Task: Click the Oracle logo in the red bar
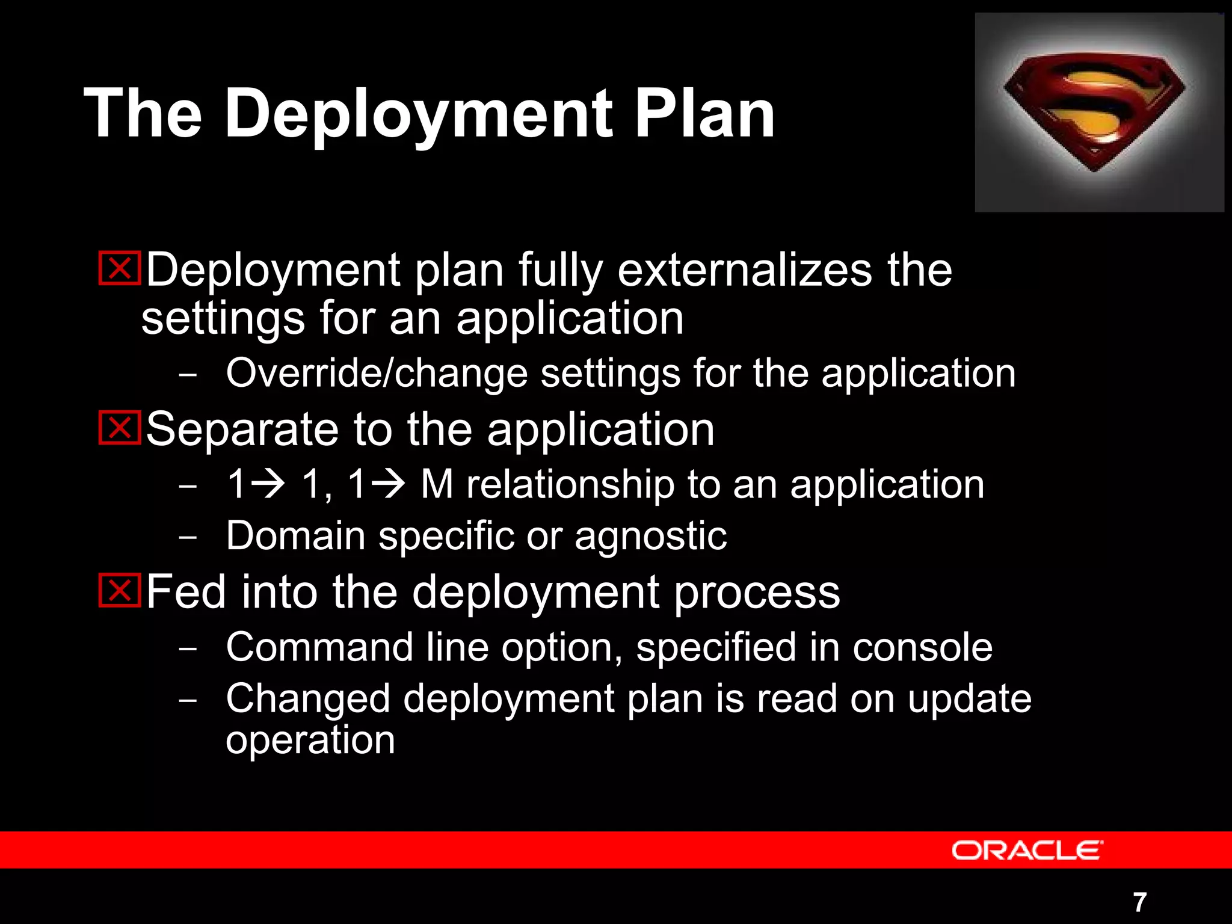(1027, 850)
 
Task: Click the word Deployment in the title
(419, 114)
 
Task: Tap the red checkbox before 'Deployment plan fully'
(120, 268)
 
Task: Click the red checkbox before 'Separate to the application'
(120, 428)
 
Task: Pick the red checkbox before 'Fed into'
(120, 590)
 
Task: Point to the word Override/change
(377, 374)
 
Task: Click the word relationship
(570, 485)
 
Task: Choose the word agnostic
(650, 537)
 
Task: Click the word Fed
(186, 592)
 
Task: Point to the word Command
(319, 647)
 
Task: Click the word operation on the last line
(310, 741)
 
